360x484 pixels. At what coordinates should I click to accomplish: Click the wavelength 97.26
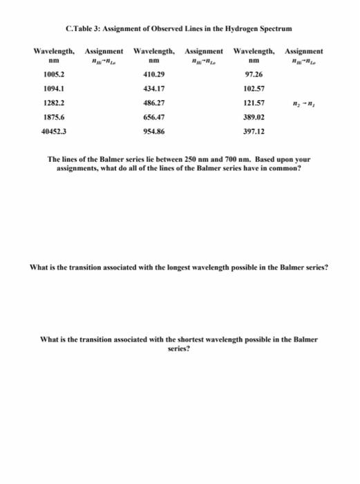point(255,73)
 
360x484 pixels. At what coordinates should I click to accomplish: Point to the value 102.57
point(255,88)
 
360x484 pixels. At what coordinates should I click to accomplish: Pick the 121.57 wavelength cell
point(255,102)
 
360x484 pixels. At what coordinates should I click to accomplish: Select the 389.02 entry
point(255,116)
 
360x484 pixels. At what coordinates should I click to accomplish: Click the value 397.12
point(255,131)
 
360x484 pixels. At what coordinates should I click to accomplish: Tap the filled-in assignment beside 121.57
point(303,102)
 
